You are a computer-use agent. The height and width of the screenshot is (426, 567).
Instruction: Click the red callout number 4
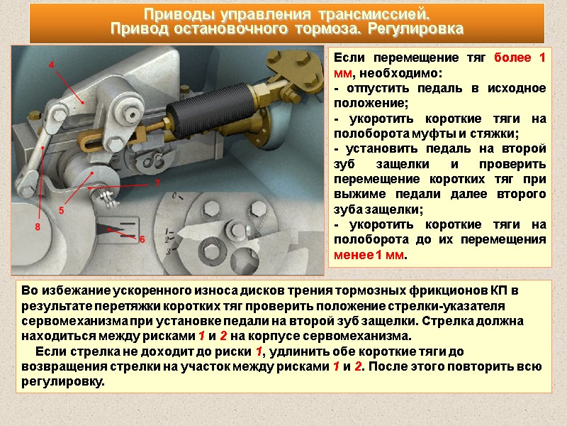click(x=51, y=65)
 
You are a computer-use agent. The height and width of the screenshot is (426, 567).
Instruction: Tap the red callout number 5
click(x=61, y=210)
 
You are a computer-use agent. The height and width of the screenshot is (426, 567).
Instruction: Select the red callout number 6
click(x=142, y=239)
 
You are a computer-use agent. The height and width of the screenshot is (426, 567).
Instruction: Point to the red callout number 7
click(x=157, y=183)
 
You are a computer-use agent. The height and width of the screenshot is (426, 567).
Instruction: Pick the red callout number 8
click(x=38, y=227)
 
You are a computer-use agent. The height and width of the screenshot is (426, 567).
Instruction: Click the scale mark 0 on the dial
click(x=174, y=196)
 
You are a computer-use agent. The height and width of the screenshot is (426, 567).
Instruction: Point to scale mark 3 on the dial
click(x=168, y=251)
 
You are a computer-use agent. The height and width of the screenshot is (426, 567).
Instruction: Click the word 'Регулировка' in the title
click(x=415, y=28)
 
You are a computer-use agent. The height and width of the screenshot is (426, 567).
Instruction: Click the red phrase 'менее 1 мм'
click(x=369, y=255)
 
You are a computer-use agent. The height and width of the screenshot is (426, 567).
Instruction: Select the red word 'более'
click(x=512, y=58)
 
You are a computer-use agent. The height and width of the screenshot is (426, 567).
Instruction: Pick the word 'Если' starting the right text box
click(x=349, y=58)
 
